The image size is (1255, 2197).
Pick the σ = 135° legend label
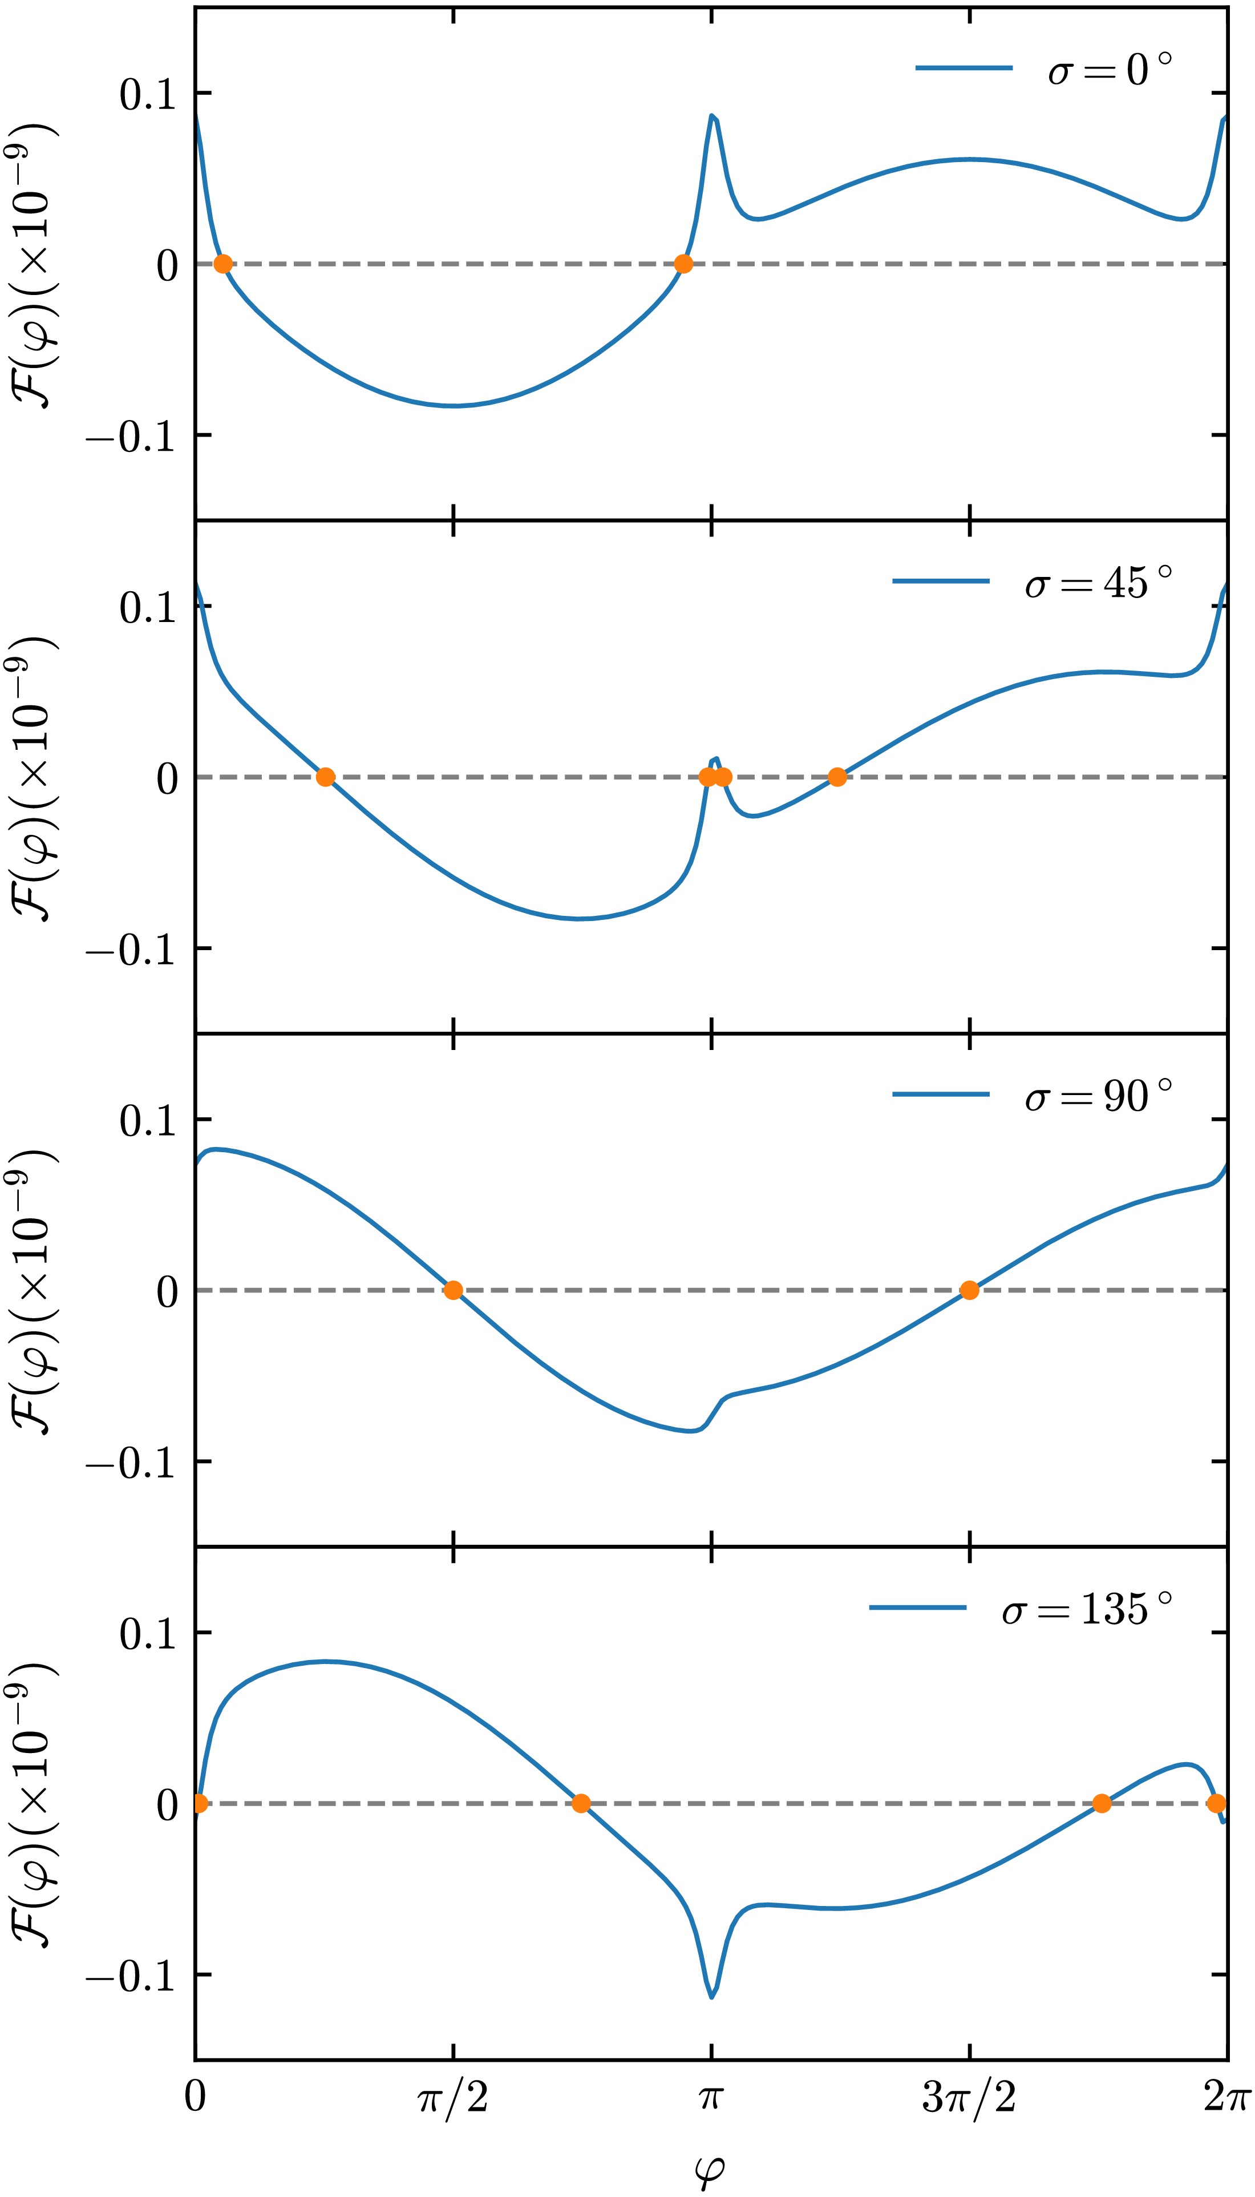coord(1086,1609)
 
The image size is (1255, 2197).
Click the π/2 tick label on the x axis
coord(454,2097)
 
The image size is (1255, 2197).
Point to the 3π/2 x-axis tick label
coord(969,2097)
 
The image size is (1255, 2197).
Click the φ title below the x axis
coord(710,2168)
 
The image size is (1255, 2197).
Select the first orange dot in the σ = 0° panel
coord(222,264)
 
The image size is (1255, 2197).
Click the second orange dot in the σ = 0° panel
coord(683,264)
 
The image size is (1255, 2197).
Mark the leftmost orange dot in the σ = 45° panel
coord(325,777)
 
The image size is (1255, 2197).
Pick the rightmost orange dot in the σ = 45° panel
coord(837,777)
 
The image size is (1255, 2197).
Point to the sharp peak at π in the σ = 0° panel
coord(712,115)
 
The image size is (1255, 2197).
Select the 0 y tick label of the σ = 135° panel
coord(167,1804)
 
